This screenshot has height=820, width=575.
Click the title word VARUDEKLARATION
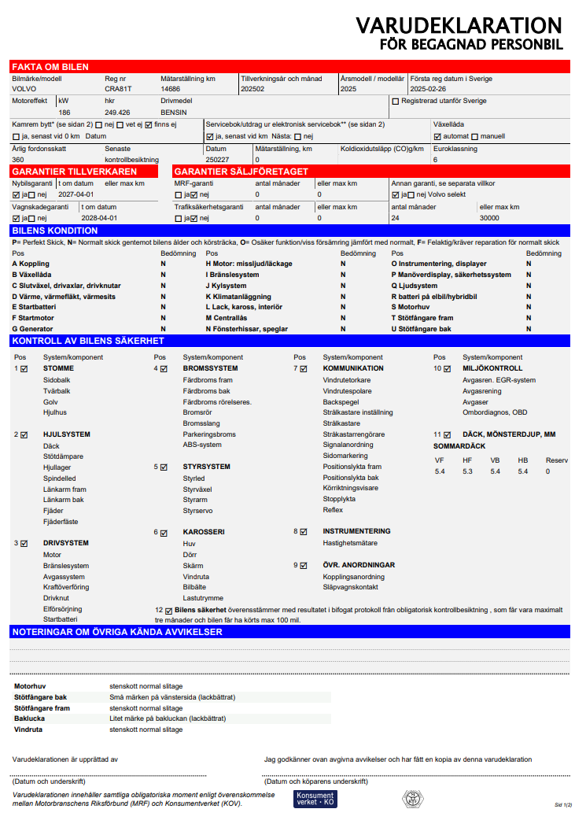[x=459, y=25]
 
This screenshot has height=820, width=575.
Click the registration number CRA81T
[x=118, y=90]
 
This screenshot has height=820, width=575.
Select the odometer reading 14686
[x=171, y=90]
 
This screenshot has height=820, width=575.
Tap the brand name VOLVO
[x=24, y=90]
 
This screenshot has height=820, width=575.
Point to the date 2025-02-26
[x=428, y=90]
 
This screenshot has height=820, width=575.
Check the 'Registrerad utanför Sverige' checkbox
[x=396, y=102]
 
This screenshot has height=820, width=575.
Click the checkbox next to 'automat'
[x=437, y=136]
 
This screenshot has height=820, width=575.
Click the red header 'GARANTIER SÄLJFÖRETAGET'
[x=241, y=172]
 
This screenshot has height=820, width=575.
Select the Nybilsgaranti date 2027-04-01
[x=76, y=194]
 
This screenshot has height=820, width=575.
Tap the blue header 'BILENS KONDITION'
[x=55, y=231]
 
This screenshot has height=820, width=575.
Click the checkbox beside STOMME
[x=24, y=368]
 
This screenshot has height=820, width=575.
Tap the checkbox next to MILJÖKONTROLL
[x=447, y=368]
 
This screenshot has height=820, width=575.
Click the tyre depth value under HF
[x=467, y=471]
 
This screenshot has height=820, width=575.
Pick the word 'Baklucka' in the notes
[x=30, y=718]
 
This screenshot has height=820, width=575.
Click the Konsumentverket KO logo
[x=315, y=798]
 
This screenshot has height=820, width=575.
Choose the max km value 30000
[x=489, y=218]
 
